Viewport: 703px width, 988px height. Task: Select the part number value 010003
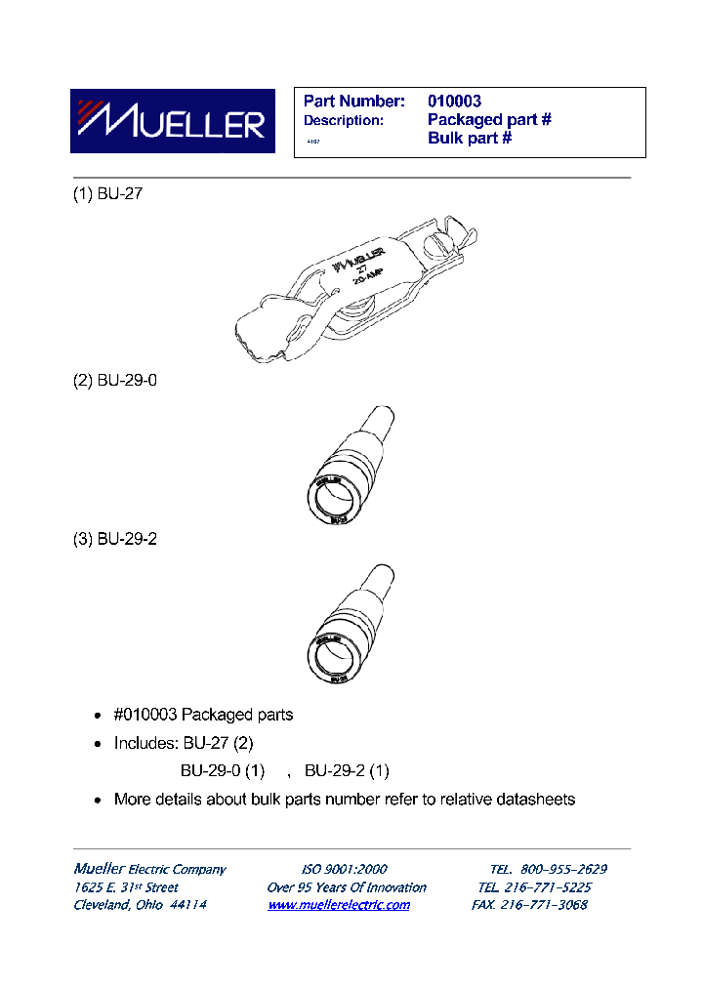click(454, 101)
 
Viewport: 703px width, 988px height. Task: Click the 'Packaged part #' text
click(489, 119)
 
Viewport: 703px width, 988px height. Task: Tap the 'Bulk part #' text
click(470, 138)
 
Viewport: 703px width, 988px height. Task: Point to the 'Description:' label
click(343, 120)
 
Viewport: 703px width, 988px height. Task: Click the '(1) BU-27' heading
click(108, 193)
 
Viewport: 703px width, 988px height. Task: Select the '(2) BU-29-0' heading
click(115, 380)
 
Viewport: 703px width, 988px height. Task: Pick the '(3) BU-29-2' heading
click(115, 539)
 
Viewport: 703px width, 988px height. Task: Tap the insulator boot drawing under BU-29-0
click(348, 468)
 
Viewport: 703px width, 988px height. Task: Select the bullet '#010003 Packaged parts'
click(203, 715)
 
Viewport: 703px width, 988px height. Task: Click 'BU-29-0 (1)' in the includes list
click(223, 770)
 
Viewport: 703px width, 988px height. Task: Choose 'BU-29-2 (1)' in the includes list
click(348, 770)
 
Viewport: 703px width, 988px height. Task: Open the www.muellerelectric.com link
click(339, 905)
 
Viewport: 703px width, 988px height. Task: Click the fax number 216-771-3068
click(544, 905)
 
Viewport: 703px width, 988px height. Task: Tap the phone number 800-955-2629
click(564, 869)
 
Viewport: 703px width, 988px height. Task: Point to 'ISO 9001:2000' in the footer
click(344, 869)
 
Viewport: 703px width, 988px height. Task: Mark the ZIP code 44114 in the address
click(188, 905)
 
